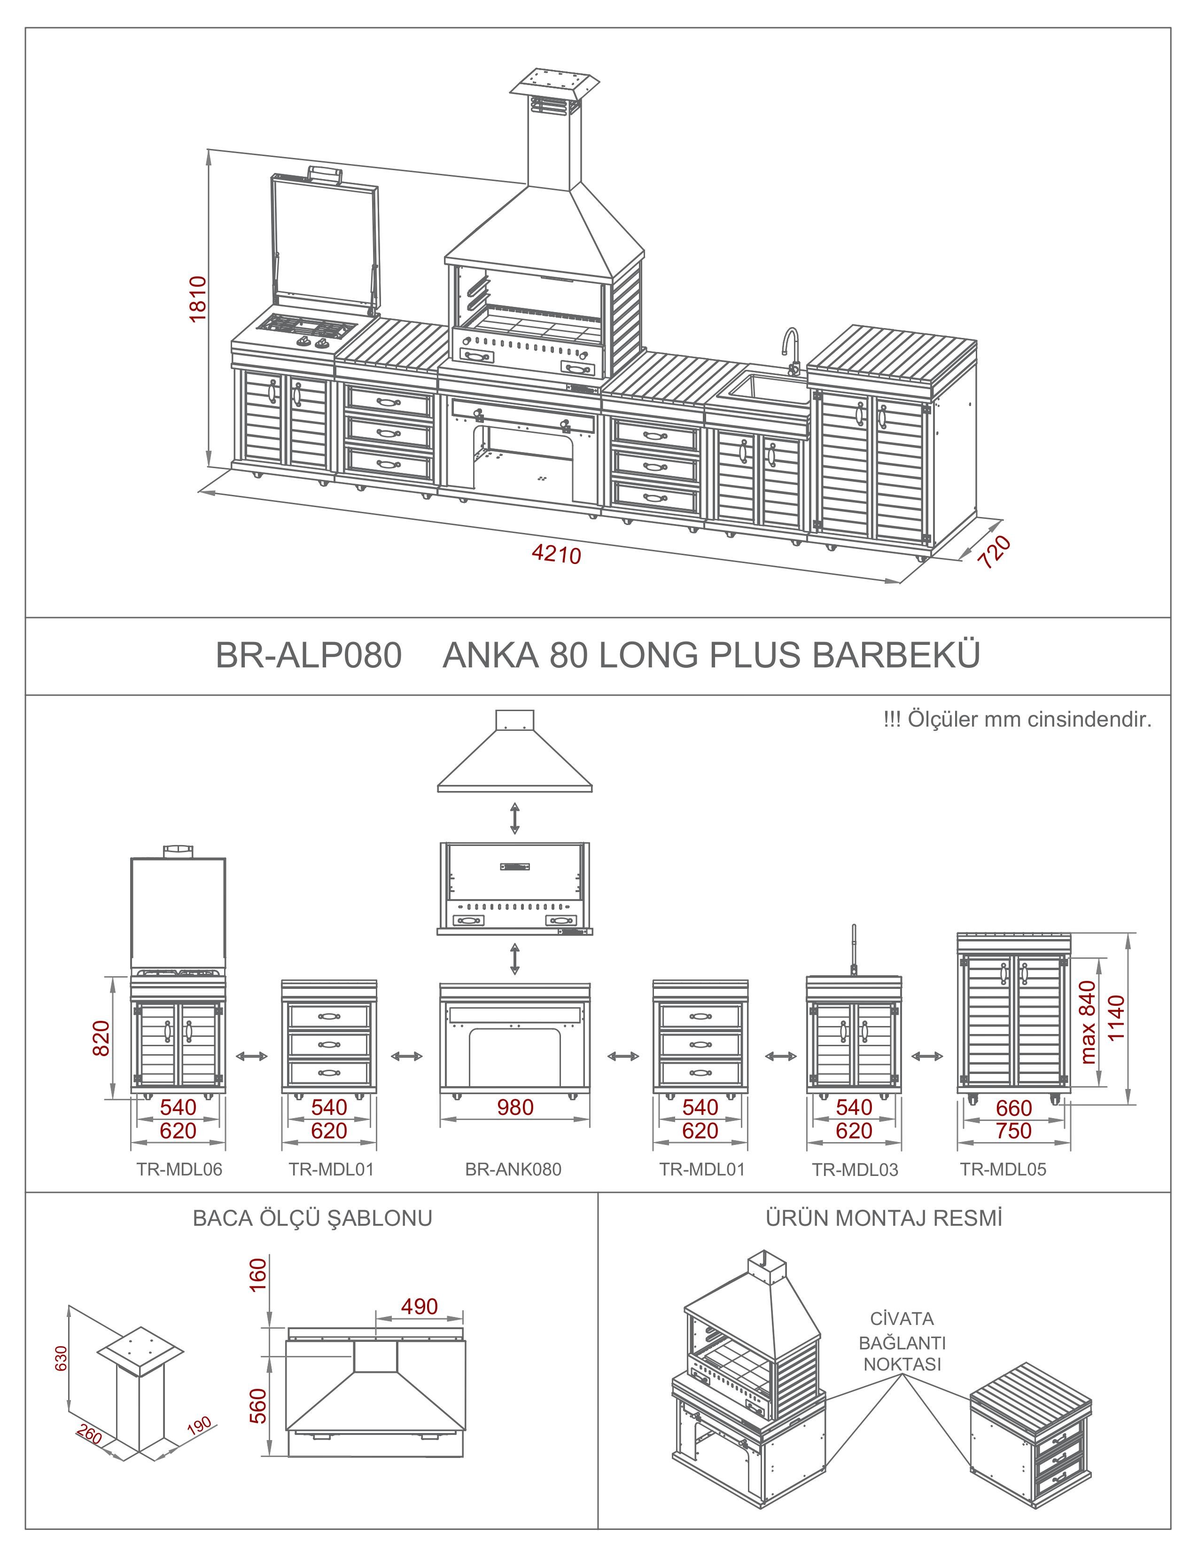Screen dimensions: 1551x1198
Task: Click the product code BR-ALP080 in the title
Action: (x=309, y=656)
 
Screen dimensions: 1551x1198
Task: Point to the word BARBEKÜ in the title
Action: (x=895, y=656)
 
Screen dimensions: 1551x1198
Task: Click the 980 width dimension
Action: (x=515, y=1107)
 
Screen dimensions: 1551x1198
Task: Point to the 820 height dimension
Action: (x=101, y=1038)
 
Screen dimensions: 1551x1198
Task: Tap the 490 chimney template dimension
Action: (x=420, y=1306)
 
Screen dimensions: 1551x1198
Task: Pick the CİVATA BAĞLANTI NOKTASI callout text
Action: (x=902, y=1341)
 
